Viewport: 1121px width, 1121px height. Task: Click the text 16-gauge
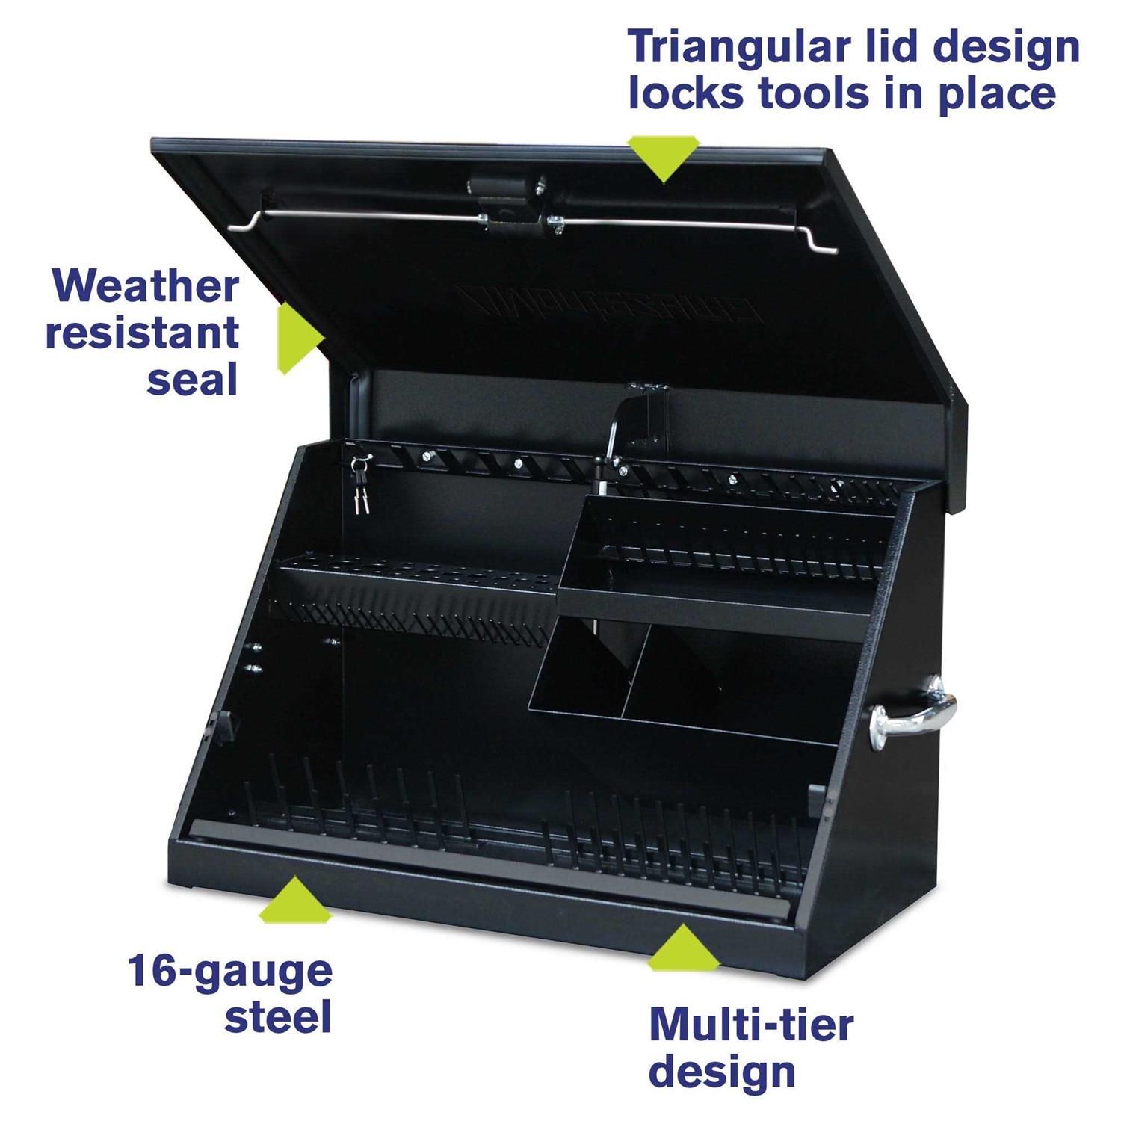[229, 971]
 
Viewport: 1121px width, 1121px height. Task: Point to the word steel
[277, 1017]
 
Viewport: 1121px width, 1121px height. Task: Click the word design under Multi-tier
[721, 1072]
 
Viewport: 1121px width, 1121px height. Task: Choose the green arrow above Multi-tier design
[682, 947]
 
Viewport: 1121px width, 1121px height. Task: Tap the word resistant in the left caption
[142, 333]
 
